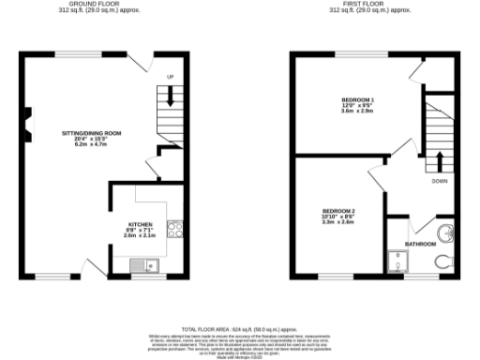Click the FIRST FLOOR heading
[370, 5]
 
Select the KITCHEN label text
[141, 225]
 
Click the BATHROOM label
[420, 244]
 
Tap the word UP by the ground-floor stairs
[171, 76]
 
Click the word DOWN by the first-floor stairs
[439, 182]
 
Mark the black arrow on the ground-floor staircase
[171, 96]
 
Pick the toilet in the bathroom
[443, 262]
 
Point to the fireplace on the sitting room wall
[26, 118]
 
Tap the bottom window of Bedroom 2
[334, 278]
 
